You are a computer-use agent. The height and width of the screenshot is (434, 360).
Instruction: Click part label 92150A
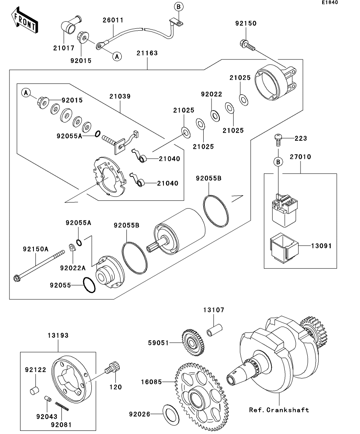point(35,249)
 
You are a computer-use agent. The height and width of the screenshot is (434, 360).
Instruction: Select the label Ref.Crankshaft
point(279,410)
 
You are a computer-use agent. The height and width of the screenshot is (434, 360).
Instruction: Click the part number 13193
point(58,336)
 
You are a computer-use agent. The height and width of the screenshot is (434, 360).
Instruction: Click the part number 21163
point(147,53)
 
